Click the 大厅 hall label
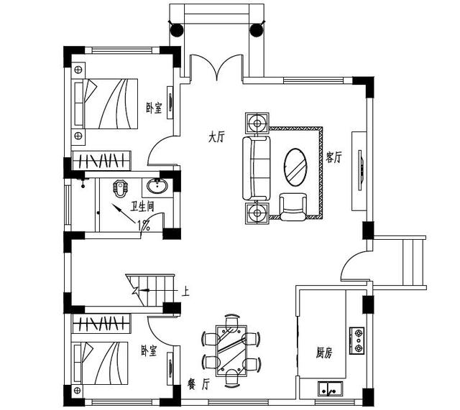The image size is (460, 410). pos(216,137)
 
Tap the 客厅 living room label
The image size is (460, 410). pos(333,157)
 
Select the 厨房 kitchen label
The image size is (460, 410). pos(324,353)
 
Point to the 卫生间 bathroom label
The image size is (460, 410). pos(142,207)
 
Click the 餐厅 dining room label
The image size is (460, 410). pos(198,384)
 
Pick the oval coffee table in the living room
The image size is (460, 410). pos(295,167)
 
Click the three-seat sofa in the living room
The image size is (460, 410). pos(256,168)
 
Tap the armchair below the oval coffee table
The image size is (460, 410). pos(293,207)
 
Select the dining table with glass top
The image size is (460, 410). pos(231,351)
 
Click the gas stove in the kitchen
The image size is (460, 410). pos(356,341)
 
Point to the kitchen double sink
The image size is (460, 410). pos(331,388)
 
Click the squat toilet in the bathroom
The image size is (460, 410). pos(121,188)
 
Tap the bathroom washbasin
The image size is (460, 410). pos(157,186)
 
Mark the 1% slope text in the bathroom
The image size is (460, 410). pos(144,225)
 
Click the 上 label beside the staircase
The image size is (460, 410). pos(185,292)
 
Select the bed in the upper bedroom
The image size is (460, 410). pos(105,103)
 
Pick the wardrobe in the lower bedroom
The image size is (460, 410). pos(101,324)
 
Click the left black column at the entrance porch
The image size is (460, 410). pos(177,30)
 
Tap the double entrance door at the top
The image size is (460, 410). pos(216,67)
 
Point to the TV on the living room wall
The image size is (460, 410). pos(361,170)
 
